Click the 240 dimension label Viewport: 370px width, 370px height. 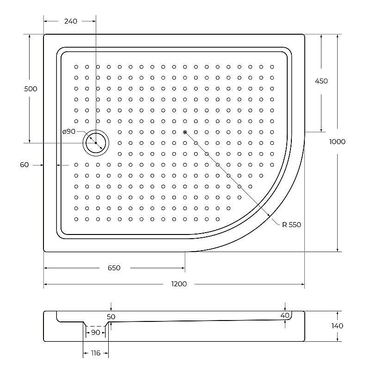pyautogui.click(x=71, y=21)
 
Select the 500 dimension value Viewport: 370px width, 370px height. pyautogui.click(x=31, y=89)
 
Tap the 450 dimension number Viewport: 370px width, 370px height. pyautogui.click(x=321, y=81)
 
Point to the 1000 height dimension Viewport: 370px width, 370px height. pyautogui.click(x=337, y=142)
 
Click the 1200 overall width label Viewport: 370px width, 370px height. pyautogui.click(x=179, y=284)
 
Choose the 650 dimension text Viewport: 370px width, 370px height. pyautogui.click(x=114, y=268)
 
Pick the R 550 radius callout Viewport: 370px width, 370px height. pyautogui.click(x=292, y=225)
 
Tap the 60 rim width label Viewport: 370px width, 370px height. pyautogui.click(x=25, y=165)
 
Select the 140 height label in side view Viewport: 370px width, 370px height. pyautogui.click(x=337, y=326)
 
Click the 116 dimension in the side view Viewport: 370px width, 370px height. pyautogui.click(x=95, y=353)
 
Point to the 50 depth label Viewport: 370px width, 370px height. pyautogui.click(x=111, y=317)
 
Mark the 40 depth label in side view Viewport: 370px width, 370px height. pyautogui.click(x=285, y=315)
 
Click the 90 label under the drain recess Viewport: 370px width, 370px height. pyautogui.click(x=95, y=333)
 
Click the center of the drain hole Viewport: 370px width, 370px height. pyautogui.click(x=96, y=143)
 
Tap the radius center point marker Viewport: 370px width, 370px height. pyautogui.click(x=185, y=132)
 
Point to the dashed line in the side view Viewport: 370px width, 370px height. pyautogui.click(x=96, y=327)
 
